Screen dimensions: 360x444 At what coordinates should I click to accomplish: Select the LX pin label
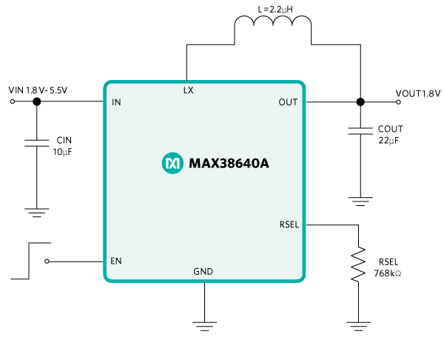[x=189, y=90]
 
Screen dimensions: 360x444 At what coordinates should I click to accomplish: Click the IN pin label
[x=116, y=102]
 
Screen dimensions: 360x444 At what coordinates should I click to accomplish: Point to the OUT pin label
[x=288, y=102]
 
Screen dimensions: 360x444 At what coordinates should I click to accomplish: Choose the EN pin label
[x=116, y=261]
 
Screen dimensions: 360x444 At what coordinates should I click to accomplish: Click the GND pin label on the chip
[x=203, y=272]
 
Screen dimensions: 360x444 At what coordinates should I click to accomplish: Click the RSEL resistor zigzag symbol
[x=359, y=264]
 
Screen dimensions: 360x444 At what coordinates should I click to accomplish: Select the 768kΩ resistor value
[x=389, y=273]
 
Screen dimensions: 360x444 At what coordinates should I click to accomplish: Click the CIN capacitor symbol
[x=36, y=143]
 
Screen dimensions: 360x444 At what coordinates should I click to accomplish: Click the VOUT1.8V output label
[x=417, y=93]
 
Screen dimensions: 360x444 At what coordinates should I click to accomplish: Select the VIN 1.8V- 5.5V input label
[x=38, y=90]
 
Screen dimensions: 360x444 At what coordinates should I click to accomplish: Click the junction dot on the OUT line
[x=360, y=102]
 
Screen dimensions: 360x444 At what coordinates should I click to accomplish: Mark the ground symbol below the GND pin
[x=203, y=324]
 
